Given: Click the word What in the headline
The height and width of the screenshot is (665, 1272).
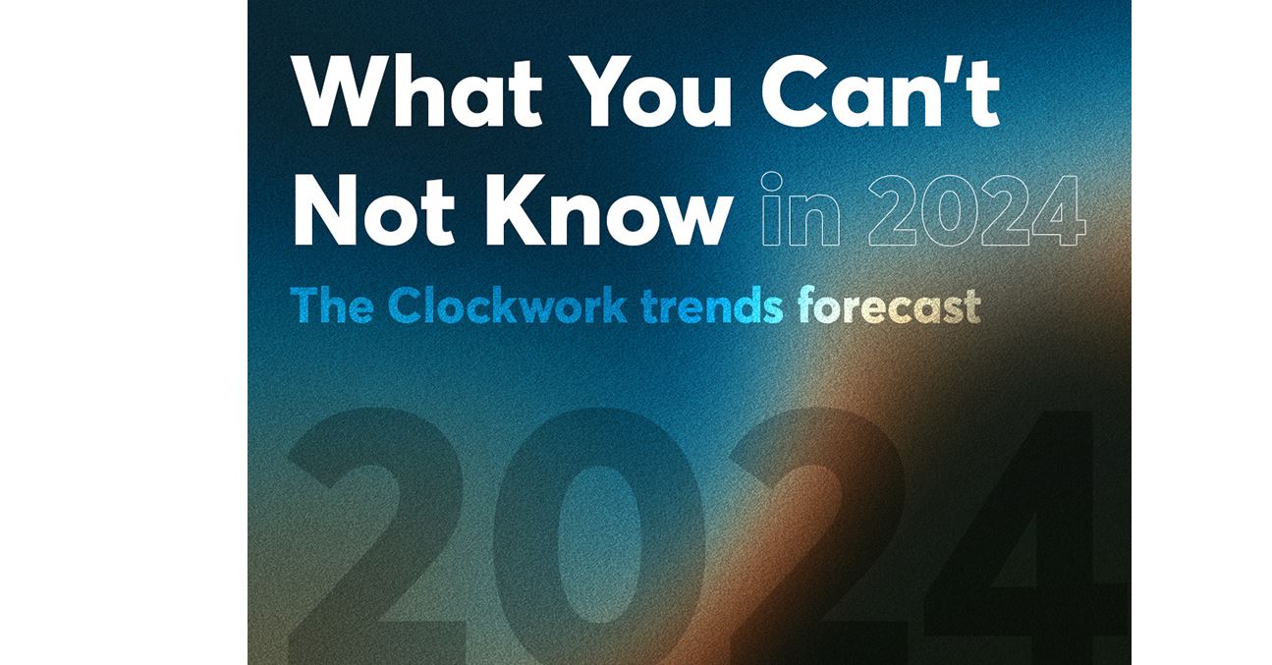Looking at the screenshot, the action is pos(418,91).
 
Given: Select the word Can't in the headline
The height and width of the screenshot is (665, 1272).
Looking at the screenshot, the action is pos(880,91).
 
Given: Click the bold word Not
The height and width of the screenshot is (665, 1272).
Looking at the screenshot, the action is pos(374,209).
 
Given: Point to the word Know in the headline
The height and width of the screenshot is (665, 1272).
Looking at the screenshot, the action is pos(607,209).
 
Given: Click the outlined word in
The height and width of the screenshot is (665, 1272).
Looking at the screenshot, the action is pos(801,209).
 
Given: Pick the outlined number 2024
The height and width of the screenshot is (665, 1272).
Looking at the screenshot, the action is pos(976,210).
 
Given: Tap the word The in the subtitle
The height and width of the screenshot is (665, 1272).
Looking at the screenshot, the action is pos(332,305).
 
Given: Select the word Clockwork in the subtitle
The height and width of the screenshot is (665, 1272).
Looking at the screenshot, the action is pos(508,305).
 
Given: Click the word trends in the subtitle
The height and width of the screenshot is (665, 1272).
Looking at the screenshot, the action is pos(713,305).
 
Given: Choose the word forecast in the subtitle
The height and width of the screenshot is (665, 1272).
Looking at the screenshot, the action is pos(889,305).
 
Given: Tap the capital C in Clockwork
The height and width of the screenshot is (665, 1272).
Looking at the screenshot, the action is pos(406,305).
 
